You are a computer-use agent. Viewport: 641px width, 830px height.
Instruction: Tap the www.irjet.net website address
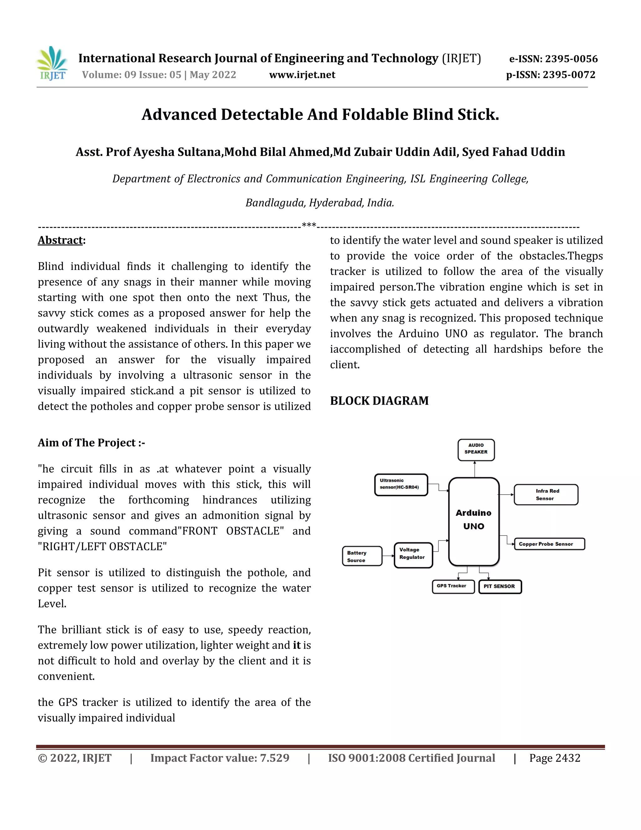[x=302, y=75]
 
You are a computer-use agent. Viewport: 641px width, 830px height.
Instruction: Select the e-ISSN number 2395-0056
[x=553, y=59]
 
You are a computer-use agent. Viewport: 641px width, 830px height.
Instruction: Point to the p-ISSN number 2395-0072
[x=551, y=75]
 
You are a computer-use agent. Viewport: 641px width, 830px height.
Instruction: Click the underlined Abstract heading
[x=60, y=240]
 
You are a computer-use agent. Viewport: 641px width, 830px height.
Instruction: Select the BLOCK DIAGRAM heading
[x=379, y=401]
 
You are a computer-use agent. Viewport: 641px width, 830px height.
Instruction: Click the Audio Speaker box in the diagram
[x=476, y=449]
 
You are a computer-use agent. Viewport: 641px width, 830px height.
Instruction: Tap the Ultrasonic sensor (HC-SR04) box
[x=401, y=485]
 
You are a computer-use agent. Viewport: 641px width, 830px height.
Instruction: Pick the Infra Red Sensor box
[x=546, y=495]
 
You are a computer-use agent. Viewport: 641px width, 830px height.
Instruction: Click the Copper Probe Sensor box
[x=549, y=544]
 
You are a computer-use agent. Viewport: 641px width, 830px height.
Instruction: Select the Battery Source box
[x=362, y=556]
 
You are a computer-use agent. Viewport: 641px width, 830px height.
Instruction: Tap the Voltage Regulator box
[x=413, y=555]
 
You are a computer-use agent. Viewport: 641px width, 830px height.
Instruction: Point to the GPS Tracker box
[x=453, y=586]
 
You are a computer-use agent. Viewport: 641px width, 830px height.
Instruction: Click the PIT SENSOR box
[x=500, y=586]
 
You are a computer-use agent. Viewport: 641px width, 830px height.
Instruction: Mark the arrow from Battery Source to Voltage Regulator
[x=388, y=556]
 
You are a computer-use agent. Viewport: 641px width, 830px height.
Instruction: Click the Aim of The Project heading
[x=91, y=443]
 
